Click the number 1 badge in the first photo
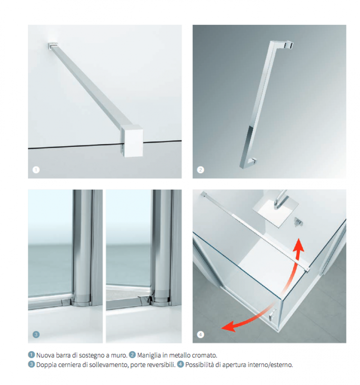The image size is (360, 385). point(36,170)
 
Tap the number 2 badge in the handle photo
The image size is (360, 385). point(201,170)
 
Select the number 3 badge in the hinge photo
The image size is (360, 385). point(36,335)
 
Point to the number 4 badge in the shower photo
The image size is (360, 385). point(201,335)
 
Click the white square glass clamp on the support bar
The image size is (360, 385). point(132,141)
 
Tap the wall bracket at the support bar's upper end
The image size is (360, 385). point(52,45)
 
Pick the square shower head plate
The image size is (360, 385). point(275,213)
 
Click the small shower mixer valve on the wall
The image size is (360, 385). point(298,222)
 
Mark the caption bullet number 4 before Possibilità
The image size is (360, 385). point(180,364)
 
